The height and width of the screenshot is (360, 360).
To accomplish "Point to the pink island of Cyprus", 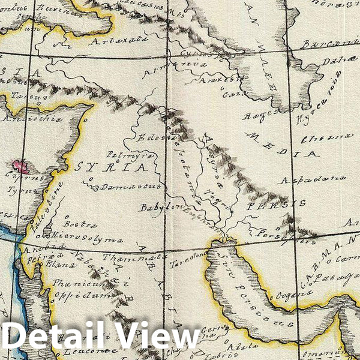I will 22,166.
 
